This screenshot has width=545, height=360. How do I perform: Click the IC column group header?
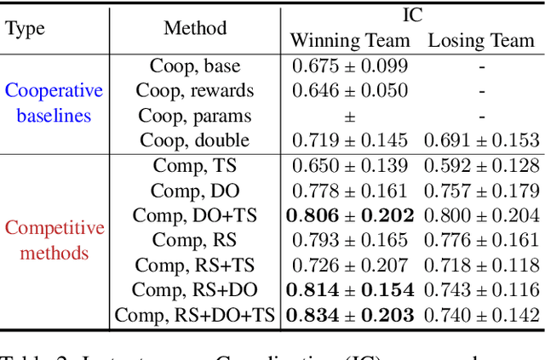412,14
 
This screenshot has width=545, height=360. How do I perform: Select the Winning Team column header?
349,40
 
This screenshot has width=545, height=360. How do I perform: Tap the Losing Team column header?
481,40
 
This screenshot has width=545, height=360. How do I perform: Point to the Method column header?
195,28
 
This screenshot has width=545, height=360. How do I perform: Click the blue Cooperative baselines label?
54,103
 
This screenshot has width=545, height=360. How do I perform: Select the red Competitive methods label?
54,240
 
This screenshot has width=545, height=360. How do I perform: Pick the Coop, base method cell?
195,66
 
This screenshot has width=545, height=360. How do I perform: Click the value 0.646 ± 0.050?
349,90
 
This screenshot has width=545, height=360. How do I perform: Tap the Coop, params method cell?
195,115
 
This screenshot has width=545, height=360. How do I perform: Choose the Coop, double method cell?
195,140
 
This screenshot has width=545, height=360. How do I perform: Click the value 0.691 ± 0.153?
481,140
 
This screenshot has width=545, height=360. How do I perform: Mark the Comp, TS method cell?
195,166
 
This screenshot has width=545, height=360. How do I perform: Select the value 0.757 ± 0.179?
481,191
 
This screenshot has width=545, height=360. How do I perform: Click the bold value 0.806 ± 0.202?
349,216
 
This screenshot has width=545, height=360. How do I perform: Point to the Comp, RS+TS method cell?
195,266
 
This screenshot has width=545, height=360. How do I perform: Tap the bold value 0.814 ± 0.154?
349,290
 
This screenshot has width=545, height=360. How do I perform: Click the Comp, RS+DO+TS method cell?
195,316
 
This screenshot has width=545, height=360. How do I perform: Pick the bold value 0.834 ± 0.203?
349,316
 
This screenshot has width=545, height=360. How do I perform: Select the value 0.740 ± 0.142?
481,316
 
